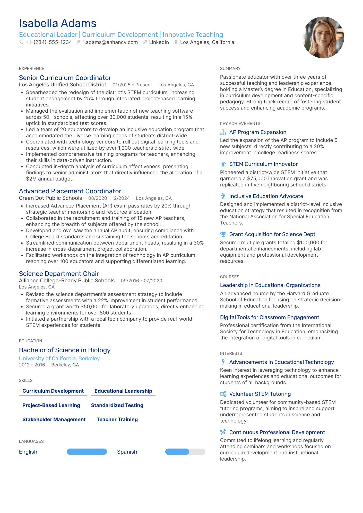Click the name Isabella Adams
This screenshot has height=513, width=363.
pos(58,23)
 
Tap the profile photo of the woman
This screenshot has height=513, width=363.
pos(323,38)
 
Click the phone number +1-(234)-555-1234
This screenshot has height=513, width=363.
pos(49,42)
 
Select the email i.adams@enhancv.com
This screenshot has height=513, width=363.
pos(110,42)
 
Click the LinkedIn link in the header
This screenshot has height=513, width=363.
pos(159,42)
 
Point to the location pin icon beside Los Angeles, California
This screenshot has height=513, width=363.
pos(176,42)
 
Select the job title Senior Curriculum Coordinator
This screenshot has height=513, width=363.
pos(65,78)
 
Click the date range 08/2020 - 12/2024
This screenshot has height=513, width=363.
pos(109,198)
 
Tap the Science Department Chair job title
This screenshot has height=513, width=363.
pos(59,274)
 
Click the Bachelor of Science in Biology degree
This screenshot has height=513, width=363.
pos(65,350)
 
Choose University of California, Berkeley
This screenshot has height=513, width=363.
pos(59,358)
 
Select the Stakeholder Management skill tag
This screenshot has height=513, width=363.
pos(54,419)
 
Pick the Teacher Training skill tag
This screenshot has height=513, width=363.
pos(117,419)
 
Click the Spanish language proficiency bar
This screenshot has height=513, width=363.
pos(185,452)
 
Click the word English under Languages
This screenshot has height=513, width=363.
pos(28,452)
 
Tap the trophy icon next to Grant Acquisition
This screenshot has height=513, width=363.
pos(223,234)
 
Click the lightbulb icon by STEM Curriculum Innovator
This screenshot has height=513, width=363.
pos(223,164)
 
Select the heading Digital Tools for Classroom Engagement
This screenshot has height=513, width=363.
pos(270,317)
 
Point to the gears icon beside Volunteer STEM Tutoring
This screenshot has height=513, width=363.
pos(223,394)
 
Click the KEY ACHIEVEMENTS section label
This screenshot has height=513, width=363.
pos(240,124)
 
